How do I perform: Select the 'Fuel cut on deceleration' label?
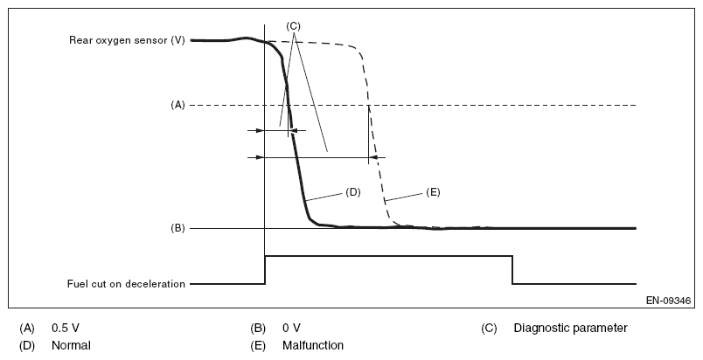pyautogui.click(x=127, y=283)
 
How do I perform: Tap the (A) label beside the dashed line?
pyautogui.click(x=177, y=105)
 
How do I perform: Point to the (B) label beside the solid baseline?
pyautogui.click(x=177, y=228)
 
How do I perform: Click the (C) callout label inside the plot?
pyautogui.click(x=294, y=26)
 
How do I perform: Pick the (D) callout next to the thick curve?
pyautogui.click(x=353, y=190)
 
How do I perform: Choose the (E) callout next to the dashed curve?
pyautogui.click(x=432, y=190)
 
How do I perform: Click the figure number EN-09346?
pyautogui.click(x=669, y=300)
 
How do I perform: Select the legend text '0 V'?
pyautogui.click(x=291, y=329)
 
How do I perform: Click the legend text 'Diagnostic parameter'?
pyautogui.click(x=570, y=329)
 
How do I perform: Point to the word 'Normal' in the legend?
pyautogui.click(x=71, y=345)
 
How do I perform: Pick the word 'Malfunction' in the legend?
pyautogui.click(x=312, y=345)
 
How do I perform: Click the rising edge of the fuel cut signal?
pyautogui.click(x=265, y=269)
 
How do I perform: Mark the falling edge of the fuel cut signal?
pyautogui.click(x=512, y=269)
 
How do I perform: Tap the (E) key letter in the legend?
pyautogui.click(x=257, y=345)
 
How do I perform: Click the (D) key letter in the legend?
pyautogui.click(x=27, y=345)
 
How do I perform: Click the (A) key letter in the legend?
pyautogui.click(x=27, y=329)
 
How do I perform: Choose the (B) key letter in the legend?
pyautogui.click(x=257, y=329)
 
